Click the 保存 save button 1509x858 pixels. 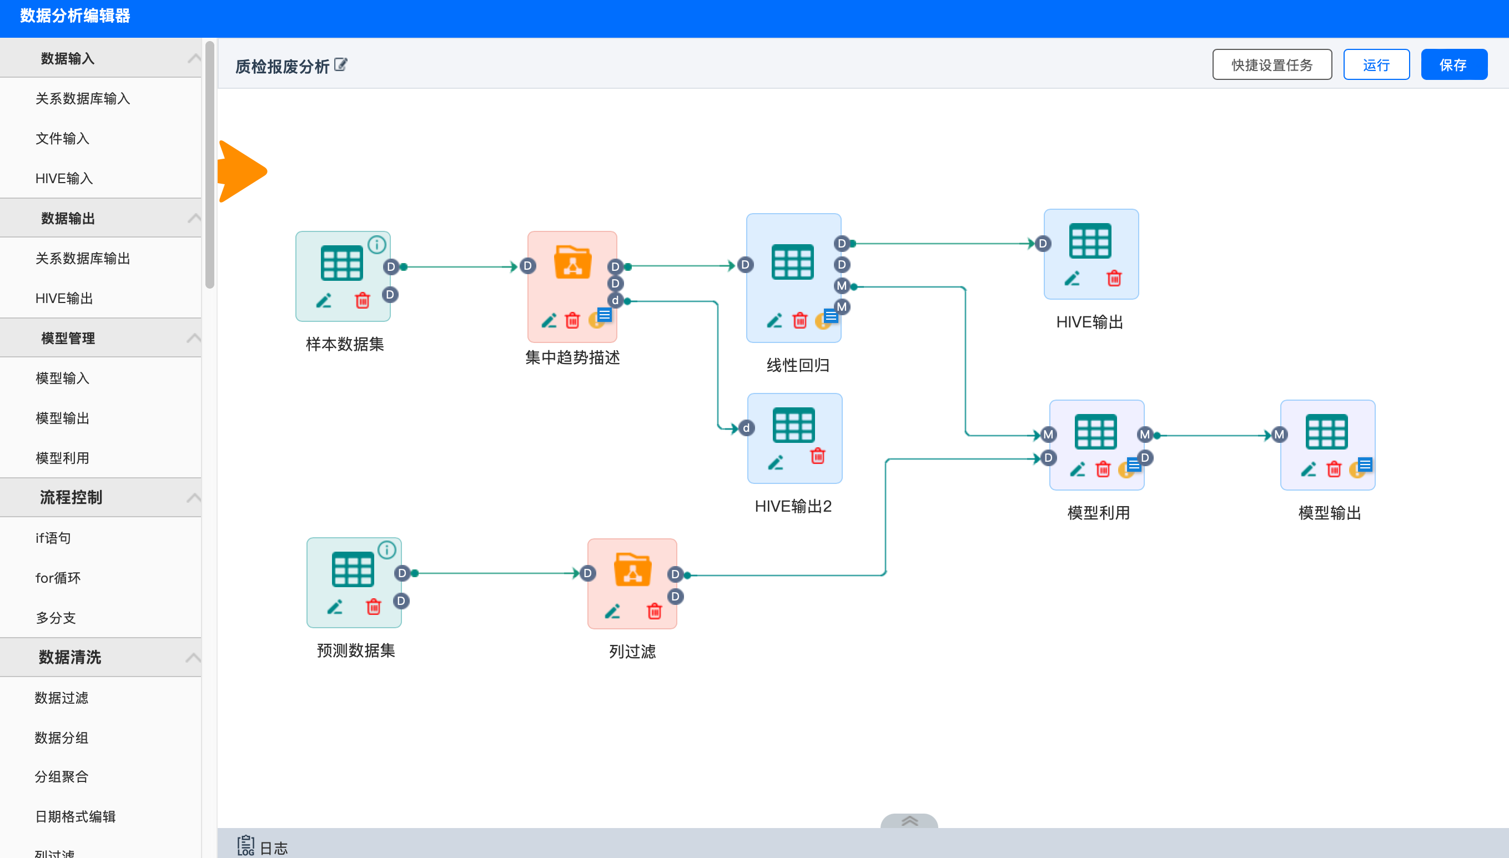(1453, 65)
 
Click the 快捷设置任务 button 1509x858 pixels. (1271, 65)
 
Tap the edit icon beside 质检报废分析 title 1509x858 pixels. (341, 65)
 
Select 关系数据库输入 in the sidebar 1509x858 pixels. (83, 98)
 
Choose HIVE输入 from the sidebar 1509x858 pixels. (64, 179)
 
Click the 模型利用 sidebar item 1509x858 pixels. (63, 458)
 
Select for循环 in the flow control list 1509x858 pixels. (58, 578)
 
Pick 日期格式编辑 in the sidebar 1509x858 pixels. (76, 817)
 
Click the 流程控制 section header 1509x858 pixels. (71, 497)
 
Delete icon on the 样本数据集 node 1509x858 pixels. (362, 301)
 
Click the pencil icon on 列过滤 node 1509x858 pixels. (612, 611)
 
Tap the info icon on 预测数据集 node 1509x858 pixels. (386, 550)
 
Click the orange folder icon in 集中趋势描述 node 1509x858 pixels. (572, 263)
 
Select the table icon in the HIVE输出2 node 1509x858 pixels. (793, 425)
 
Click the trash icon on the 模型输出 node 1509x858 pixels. (1334, 469)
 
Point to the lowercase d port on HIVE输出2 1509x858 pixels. (746, 428)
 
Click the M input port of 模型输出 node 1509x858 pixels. (1279, 435)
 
